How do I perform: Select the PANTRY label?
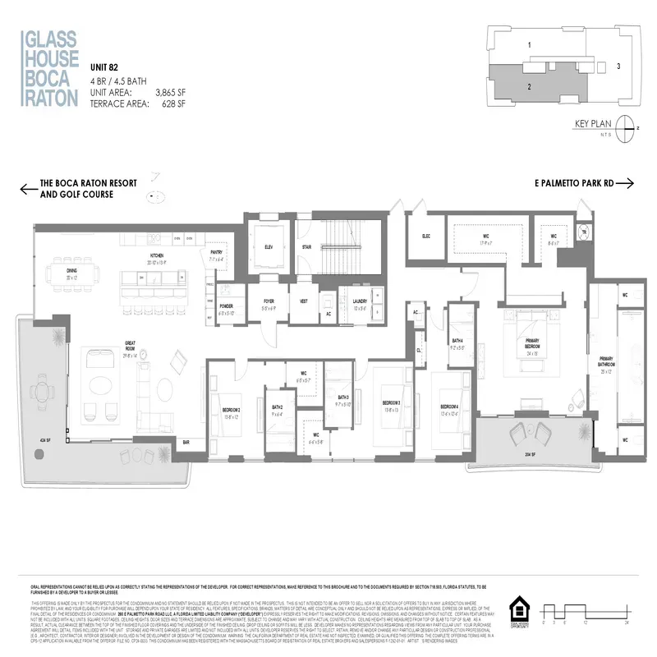pyautogui.click(x=217, y=255)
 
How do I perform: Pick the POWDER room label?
pyautogui.click(x=227, y=308)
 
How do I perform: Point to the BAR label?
pyautogui.click(x=186, y=442)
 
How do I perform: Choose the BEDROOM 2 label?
pyautogui.click(x=229, y=410)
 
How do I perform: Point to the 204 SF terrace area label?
pyautogui.click(x=531, y=453)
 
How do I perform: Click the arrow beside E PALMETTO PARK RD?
pyautogui.click(x=624, y=183)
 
